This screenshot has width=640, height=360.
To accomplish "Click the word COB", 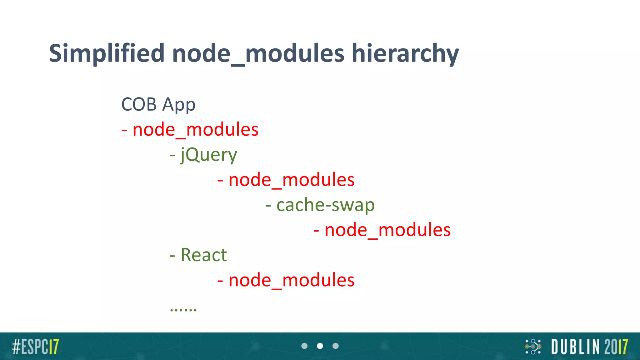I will (139, 104).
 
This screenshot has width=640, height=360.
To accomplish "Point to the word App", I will (179, 105).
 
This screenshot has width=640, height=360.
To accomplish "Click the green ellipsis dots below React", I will (183, 310).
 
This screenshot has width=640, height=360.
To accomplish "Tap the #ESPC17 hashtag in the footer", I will (35, 347).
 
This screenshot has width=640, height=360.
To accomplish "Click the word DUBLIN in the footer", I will (576, 347).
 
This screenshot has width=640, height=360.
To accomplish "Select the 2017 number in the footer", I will (616, 347).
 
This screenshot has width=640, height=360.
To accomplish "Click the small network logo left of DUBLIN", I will (533, 347).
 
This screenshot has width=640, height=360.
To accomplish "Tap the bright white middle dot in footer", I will (320, 346).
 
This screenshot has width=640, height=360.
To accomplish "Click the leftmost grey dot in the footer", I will (304, 346).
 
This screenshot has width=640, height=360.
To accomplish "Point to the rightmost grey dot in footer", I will (335, 346).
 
